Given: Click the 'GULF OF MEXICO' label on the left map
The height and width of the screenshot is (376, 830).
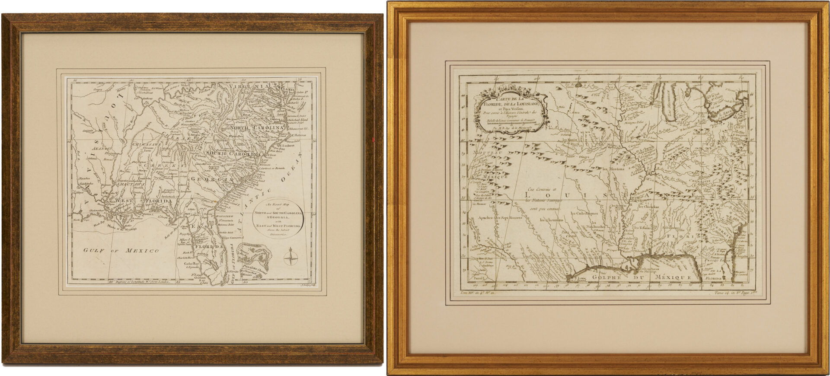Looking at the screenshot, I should click(x=121, y=251).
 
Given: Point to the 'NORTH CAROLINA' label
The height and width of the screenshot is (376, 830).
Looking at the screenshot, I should click(x=259, y=128).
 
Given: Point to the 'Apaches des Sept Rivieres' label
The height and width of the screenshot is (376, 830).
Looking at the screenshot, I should click(x=498, y=217).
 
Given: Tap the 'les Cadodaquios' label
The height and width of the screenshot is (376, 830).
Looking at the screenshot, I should click(x=584, y=213).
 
